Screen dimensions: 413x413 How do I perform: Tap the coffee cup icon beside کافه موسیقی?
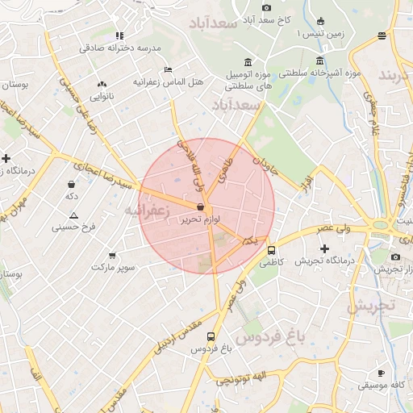click(381, 373)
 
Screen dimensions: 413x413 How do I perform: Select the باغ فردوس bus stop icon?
click(211, 337)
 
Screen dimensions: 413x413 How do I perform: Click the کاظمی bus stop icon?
click(271, 250)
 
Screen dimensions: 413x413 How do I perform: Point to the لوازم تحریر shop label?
click(200, 219)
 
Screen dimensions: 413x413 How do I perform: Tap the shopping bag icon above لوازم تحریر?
click(200, 206)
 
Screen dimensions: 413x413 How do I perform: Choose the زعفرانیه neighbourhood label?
click(146, 211)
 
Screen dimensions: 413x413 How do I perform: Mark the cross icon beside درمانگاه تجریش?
click(324, 248)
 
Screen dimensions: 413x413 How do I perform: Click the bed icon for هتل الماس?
click(168, 69)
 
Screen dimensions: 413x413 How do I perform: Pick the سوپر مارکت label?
click(111, 266)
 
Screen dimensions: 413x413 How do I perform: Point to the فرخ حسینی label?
click(73, 227)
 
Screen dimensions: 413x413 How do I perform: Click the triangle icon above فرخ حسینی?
click(73, 215)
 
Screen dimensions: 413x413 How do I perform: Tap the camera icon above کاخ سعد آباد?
click(266, 7)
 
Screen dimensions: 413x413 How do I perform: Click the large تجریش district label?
click(369, 307)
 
